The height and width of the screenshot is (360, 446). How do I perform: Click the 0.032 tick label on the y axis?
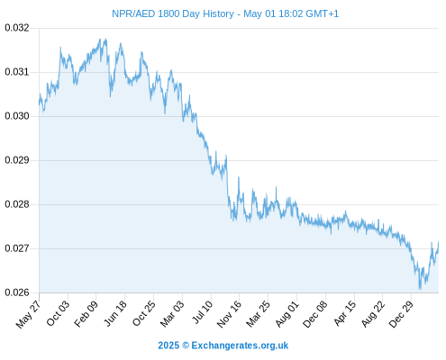point(17,28)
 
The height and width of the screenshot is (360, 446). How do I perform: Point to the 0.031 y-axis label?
point(17,72)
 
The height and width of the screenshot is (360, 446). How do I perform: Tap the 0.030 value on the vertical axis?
point(17,116)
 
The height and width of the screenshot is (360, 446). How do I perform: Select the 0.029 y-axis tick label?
point(17,160)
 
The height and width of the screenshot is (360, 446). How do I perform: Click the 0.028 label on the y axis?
point(17,204)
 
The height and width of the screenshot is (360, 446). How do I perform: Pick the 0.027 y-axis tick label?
point(17,248)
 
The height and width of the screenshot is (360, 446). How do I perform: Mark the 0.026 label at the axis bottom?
point(17,292)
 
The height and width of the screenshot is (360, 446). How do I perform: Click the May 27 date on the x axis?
point(28,314)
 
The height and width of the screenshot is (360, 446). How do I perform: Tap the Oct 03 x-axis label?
point(58,313)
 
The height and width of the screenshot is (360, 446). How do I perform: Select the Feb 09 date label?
point(86,314)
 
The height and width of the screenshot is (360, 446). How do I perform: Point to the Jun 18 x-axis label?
point(115,314)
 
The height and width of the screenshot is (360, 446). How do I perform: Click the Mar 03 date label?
point(172,314)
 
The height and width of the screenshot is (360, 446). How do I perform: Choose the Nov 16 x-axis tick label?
point(229,314)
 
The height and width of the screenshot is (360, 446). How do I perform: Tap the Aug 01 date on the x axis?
point(287,314)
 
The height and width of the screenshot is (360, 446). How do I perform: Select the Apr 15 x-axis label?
point(345,314)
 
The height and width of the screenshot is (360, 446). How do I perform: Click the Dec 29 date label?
point(401,314)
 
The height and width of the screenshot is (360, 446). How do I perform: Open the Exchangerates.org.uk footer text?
point(240,346)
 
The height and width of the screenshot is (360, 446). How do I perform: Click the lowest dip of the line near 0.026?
point(420,290)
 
